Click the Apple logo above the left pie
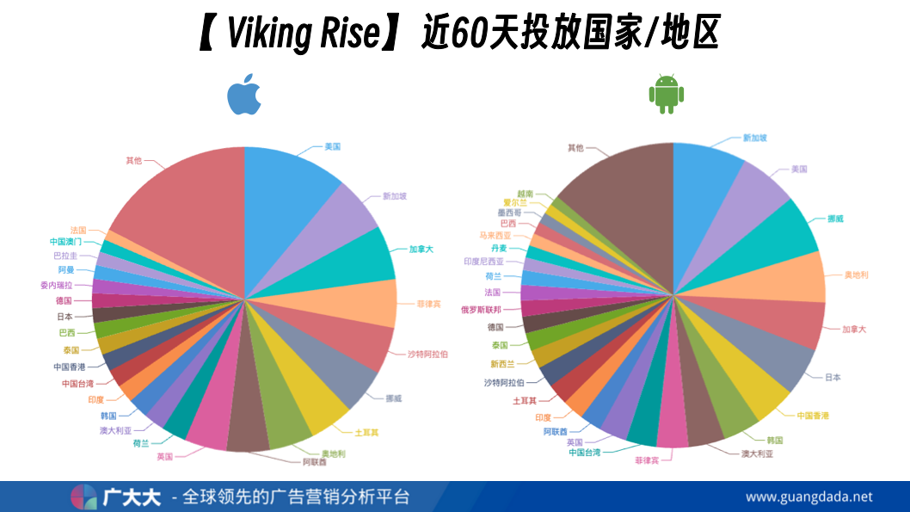click(244, 96)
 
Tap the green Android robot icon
click(666, 94)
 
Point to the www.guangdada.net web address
click(809, 497)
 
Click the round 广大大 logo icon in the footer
click(83, 497)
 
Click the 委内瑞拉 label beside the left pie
click(56, 285)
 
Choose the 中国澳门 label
click(66, 242)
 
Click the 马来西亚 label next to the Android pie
click(495, 235)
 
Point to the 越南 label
click(525, 194)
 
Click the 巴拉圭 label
click(65, 256)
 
